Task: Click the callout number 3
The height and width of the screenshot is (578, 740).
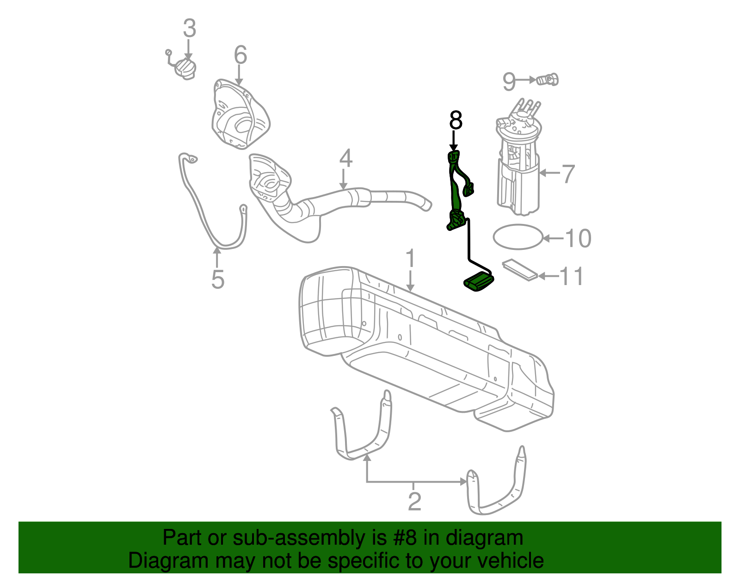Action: click(x=189, y=29)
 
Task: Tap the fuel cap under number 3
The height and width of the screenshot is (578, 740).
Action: click(x=185, y=69)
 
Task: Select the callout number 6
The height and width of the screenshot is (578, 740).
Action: click(x=240, y=55)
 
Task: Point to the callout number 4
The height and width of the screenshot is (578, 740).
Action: click(x=345, y=158)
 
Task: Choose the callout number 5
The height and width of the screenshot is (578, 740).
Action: click(x=217, y=280)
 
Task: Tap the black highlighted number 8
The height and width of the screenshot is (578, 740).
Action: click(x=456, y=121)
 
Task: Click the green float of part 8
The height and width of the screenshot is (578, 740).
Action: click(x=478, y=283)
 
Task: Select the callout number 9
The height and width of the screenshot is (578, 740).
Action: click(x=509, y=82)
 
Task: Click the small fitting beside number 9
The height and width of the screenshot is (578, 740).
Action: click(x=548, y=80)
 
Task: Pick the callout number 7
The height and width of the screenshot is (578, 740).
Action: click(x=568, y=174)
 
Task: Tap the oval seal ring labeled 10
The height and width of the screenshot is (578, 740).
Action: click(x=518, y=237)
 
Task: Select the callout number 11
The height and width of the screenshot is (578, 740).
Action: click(x=572, y=276)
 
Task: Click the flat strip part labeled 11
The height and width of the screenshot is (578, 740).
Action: click(x=521, y=270)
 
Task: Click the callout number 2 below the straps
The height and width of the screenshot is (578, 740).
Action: click(x=414, y=502)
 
